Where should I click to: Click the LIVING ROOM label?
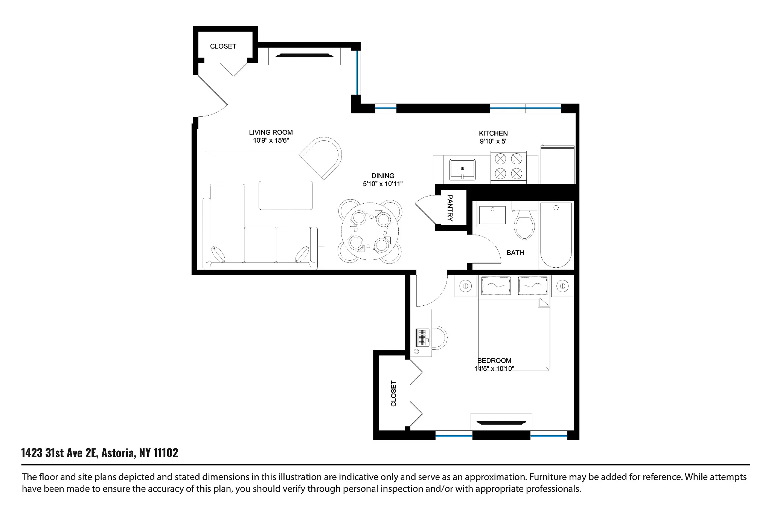point(271,133)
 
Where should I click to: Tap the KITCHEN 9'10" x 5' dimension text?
point(493,142)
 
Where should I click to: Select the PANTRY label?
point(450,208)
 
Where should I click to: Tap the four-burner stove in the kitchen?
point(508,166)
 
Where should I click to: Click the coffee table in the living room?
point(286,195)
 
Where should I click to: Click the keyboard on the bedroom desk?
point(422,337)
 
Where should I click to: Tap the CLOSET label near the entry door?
point(223,46)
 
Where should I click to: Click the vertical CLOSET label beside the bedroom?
point(394,394)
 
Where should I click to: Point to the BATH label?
point(515,253)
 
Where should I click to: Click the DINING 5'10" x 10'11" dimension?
point(383,184)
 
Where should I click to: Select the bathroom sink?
point(492,214)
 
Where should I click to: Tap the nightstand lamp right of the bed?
point(562,286)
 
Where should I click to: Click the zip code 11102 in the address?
point(166,453)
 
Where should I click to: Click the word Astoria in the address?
point(118,453)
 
